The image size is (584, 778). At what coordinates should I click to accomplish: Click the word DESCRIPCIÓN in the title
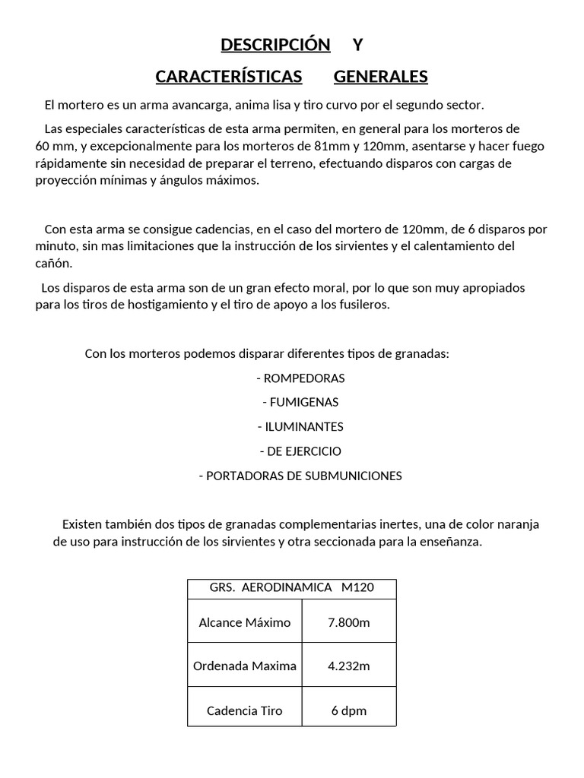275,45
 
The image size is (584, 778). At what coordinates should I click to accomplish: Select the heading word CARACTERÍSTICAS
228,77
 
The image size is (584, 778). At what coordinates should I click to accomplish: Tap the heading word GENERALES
380,77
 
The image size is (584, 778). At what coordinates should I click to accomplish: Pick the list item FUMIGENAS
303,402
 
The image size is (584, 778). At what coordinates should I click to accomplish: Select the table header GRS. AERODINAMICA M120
291,588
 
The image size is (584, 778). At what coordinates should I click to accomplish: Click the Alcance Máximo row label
245,622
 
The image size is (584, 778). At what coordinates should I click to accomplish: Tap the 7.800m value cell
349,622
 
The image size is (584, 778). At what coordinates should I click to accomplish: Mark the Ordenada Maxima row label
245,666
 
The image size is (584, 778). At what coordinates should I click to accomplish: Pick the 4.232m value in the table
349,666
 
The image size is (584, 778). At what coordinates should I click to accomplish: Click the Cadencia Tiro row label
245,710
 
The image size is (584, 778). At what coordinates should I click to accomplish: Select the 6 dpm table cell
349,710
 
